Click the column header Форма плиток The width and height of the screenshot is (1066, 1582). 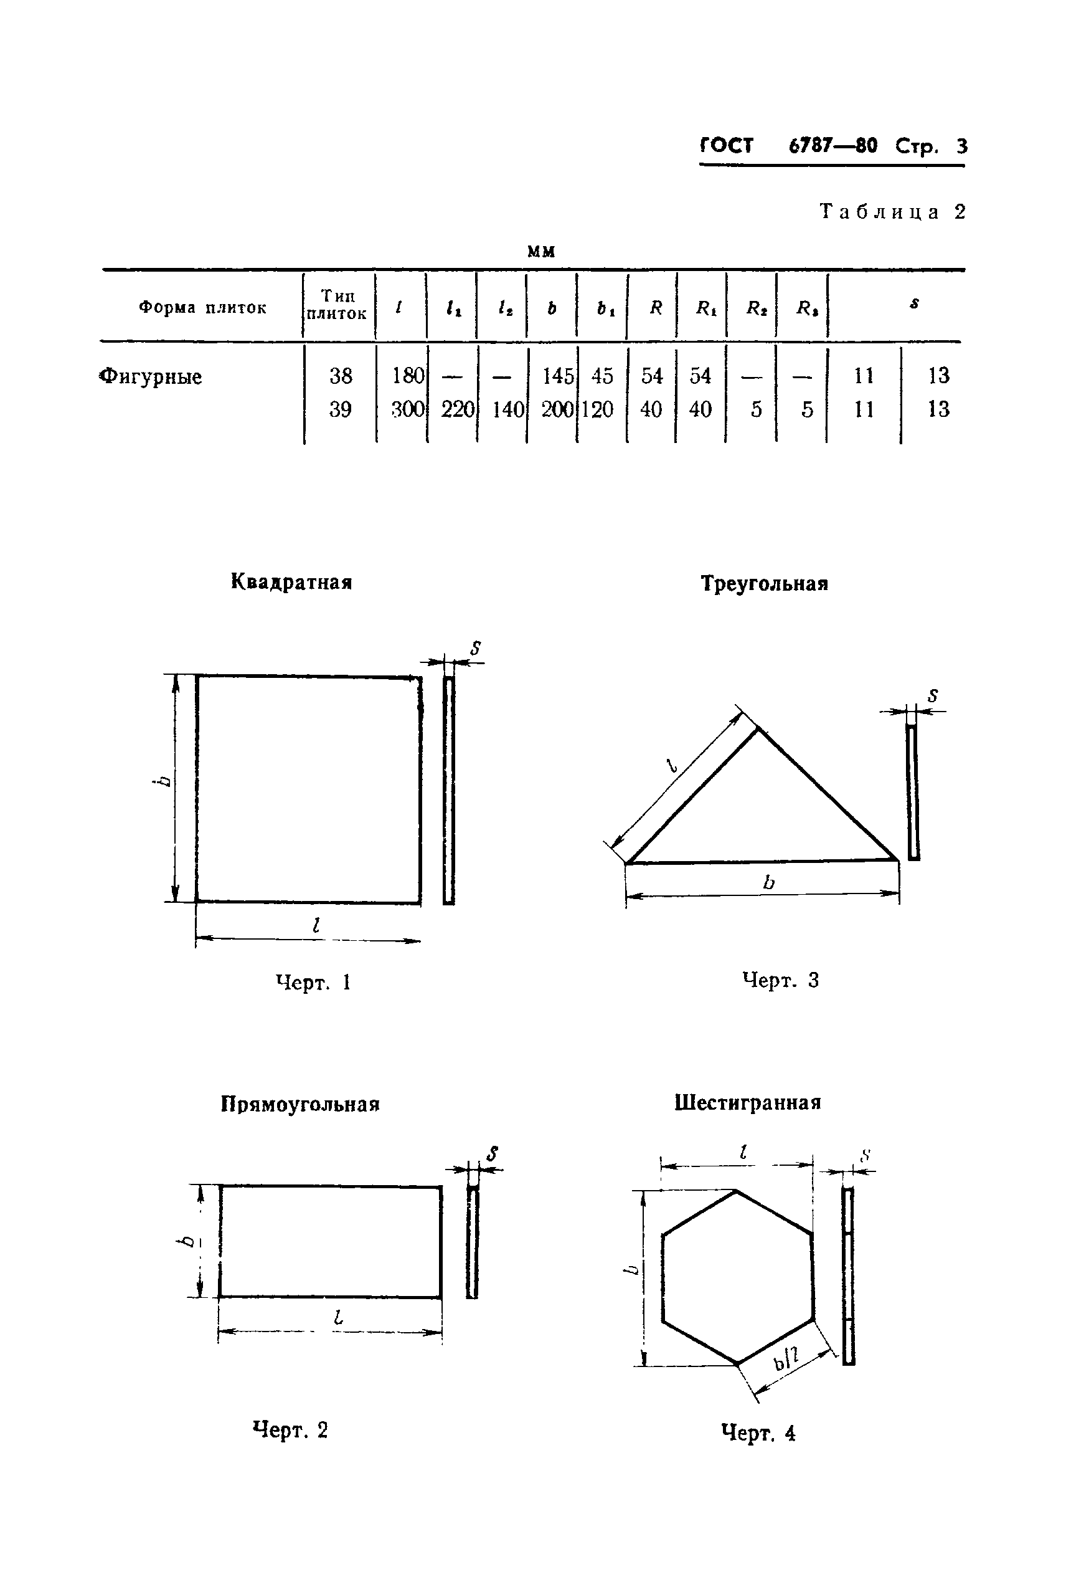tap(202, 307)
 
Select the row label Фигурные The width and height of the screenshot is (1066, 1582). tap(151, 376)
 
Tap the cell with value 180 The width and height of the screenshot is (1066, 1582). tap(407, 376)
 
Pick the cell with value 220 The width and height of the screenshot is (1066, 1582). tap(457, 409)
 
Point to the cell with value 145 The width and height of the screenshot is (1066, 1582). tap(557, 376)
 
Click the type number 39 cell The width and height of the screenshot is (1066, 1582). tap(340, 409)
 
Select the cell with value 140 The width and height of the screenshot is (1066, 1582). tap(507, 409)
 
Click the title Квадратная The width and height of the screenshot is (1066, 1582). tap(291, 582)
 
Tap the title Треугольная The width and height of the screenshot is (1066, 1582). tap(764, 584)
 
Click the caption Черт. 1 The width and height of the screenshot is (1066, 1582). tap(313, 982)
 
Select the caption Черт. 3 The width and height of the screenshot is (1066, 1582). tap(780, 980)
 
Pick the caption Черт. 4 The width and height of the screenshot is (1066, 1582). tap(758, 1433)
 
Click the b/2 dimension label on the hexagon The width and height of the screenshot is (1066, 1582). tap(786, 1360)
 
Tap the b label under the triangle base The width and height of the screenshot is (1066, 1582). tap(768, 882)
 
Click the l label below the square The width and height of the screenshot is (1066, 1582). tap(316, 925)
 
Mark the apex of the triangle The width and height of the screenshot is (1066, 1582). tap(758, 728)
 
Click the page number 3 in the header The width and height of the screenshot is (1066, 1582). tap(961, 146)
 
